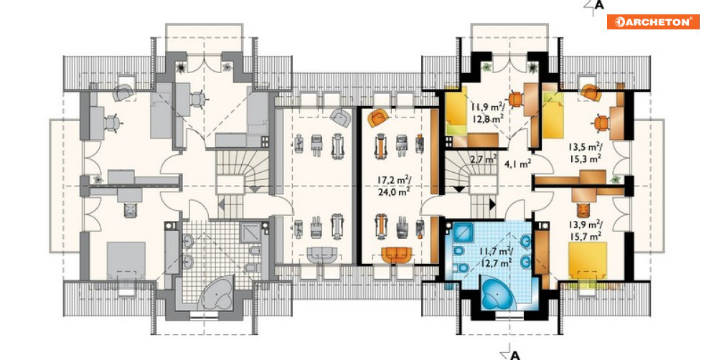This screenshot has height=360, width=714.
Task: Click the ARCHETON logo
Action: coord(653,22)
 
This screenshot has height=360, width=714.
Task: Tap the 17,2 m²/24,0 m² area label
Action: coord(393,186)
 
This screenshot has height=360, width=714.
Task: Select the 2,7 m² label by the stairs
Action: coord(483,159)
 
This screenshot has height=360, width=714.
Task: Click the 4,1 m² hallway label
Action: coord(518,164)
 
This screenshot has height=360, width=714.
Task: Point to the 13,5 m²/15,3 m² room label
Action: coord(585,153)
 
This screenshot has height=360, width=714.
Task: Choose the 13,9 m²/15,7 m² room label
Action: coord(585,229)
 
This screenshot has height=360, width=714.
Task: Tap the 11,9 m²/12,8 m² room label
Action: coord(487,113)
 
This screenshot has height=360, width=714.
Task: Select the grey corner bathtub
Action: coord(217,292)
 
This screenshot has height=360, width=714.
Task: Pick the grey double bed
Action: coord(126,260)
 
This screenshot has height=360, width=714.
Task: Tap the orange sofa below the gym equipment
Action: coord(397,255)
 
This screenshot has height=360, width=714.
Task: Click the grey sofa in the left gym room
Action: coord(322,255)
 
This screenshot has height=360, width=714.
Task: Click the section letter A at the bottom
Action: coord(515,355)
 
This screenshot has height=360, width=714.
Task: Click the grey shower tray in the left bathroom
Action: coord(250,232)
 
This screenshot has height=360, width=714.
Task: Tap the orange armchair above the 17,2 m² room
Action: coord(377,118)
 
